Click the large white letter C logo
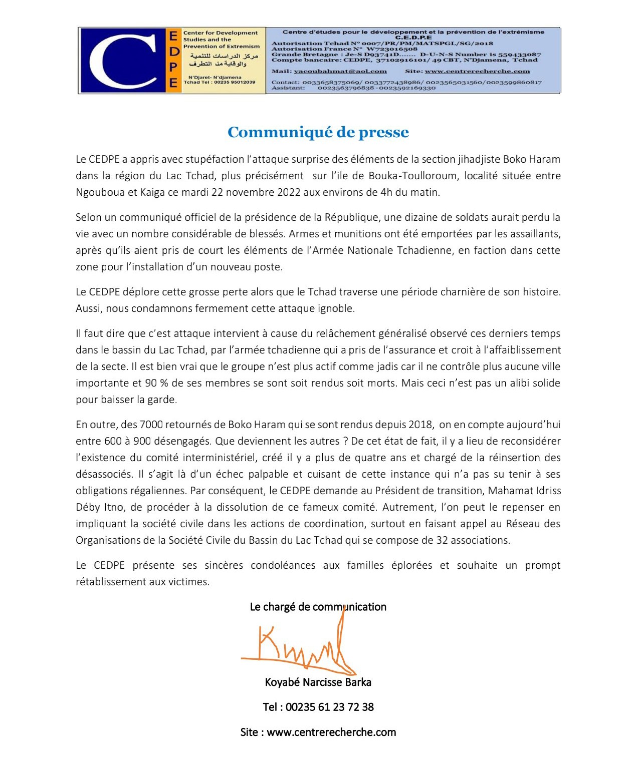pyautogui.click(x=123, y=61)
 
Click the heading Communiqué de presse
pyautogui.click(x=318, y=132)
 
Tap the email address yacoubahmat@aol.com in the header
pyautogui.click(x=340, y=71)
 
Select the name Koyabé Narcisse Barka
pyautogui.click(x=318, y=682)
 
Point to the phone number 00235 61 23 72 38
pyautogui.click(x=330, y=707)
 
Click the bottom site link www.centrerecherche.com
pyautogui.click(x=331, y=732)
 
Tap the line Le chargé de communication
pyautogui.click(x=318, y=607)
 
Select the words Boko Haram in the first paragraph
pyautogui.click(x=532, y=159)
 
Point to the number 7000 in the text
pyautogui.click(x=151, y=425)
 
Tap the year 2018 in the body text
pyautogui.click(x=420, y=425)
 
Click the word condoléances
pyautogui.click(x=283, y=565)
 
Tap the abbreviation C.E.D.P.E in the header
pyautogui.click(x=413, y=38)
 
